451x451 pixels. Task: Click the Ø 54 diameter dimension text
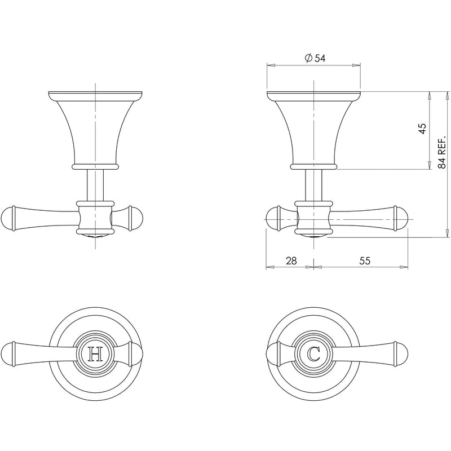(x=315, y=58)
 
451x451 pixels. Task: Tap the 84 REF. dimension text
(x=443, y=152)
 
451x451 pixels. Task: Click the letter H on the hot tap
(x=96, y=354)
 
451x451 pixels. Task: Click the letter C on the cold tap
(x=314, y=354)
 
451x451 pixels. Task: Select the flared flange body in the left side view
(x=95, y=130)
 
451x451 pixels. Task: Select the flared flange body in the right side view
(x=313, y=130)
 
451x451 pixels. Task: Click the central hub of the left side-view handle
(x=95, y=218)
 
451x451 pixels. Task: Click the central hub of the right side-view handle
(x=313, y=218)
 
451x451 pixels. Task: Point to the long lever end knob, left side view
(x=9, y=218)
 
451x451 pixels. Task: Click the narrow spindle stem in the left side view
(x=95, y=184)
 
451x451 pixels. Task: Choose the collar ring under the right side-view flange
(x=313, y=167)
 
